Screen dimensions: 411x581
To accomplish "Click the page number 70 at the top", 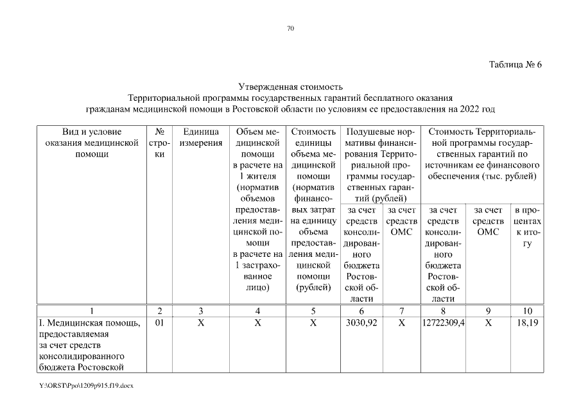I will point(290,28).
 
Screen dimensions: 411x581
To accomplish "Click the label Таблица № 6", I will point(516,64).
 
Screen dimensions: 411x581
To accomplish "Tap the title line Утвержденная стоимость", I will point(290,87).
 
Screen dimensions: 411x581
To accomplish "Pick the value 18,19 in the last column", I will point(527,323).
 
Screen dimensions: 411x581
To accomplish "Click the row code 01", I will point(160,323).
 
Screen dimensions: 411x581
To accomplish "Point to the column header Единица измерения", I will point(201,137).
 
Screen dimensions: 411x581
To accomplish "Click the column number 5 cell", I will point(313,311).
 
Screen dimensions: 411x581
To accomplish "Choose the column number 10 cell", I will point(527,311).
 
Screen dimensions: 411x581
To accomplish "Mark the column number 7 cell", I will point(402,311).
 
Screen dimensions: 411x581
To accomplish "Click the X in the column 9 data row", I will point(489,323).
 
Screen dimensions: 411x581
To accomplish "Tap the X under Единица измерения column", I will point(201,323).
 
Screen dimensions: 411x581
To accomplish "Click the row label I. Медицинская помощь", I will point(89,323).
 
